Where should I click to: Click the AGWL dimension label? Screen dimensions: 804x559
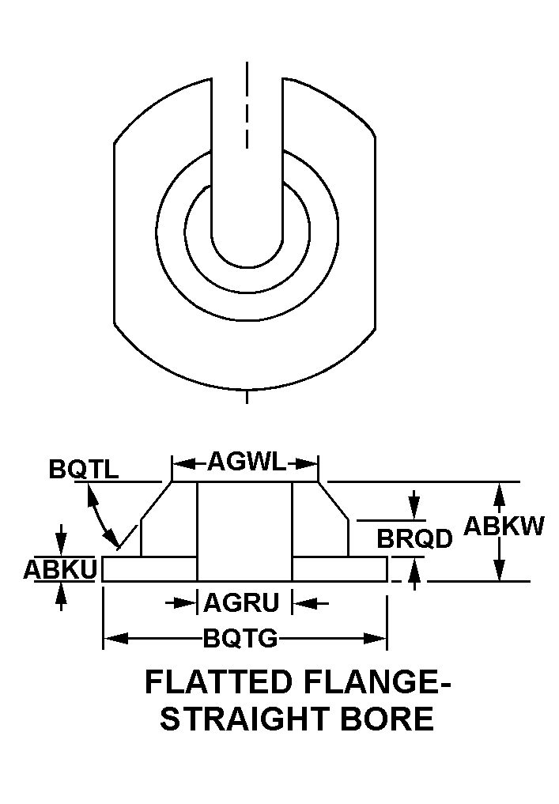tap(245, 462)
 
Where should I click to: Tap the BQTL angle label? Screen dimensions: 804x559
tap(84, 469)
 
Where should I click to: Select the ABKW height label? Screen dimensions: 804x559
tap(504, 526)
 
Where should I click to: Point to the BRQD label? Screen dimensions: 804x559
tap(414, 538)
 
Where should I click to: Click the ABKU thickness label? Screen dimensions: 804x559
tap(60, 568)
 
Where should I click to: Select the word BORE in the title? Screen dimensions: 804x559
tap(393, 719)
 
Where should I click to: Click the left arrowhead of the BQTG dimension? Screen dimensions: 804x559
tap(111, 638)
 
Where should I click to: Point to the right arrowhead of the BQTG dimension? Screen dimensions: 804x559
tap(378, 638)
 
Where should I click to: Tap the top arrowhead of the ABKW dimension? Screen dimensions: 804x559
tap(499, 492)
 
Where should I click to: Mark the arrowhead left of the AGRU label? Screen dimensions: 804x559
tap(189, 603)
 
